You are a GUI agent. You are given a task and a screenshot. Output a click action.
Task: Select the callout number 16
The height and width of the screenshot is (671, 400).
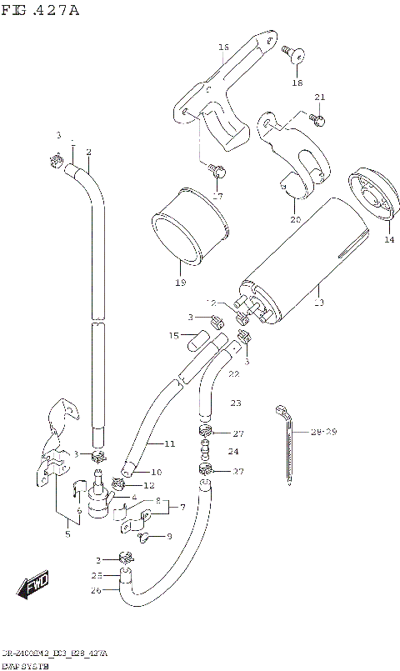(x=222, y=48)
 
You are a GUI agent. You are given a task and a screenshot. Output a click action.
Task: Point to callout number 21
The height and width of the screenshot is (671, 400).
(x=318, y=98)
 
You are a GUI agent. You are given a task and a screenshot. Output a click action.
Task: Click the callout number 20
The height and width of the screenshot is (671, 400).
(x=294, y=220)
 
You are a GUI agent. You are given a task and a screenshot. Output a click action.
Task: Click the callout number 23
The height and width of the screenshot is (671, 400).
(x=235, y=403)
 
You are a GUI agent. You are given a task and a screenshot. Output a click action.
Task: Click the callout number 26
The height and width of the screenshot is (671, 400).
(x=96, y=591)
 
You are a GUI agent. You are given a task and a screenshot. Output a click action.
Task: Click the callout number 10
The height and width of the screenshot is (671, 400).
(x=132, y=473)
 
